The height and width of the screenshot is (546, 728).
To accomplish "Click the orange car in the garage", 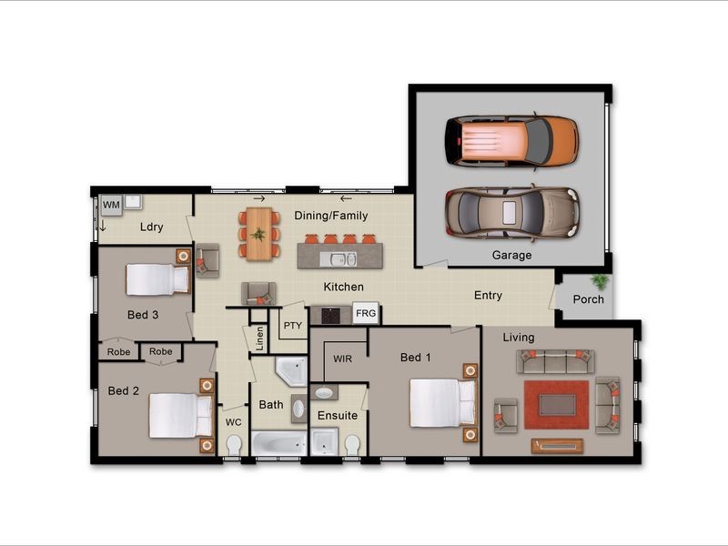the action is pos(511,142).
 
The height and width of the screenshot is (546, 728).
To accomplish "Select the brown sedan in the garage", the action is pos(512,213).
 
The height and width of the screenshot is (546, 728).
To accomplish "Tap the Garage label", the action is pos(511,255).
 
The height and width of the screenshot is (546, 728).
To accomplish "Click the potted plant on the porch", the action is pos(601,281).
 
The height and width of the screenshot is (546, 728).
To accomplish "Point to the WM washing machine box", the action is pos(111,206).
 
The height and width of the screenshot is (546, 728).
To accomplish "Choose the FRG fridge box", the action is pos(366,313).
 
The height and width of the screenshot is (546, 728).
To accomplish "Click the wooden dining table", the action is pos(258,234).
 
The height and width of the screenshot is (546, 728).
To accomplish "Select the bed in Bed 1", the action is pos(443,403).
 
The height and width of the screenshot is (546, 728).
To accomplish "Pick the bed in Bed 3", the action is pos(157,279).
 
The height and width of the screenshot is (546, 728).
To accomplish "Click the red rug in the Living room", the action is pos(556,404).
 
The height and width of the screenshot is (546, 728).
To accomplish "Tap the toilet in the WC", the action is pos(234,445).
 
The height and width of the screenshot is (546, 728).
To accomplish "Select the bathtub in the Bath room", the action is pos(279,443).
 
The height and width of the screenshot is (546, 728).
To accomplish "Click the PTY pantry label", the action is pos(292,326).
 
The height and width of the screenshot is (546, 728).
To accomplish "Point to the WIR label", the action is pos(343,359).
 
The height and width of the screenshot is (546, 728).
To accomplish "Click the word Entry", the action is pos(488,295).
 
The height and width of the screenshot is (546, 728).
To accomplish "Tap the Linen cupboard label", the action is pos(260,338).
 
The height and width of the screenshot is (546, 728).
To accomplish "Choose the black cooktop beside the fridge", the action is pos(330,316).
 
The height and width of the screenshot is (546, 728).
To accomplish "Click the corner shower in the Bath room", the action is pos(291,371).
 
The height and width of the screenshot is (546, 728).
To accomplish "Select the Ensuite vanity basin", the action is pos(324,393).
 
